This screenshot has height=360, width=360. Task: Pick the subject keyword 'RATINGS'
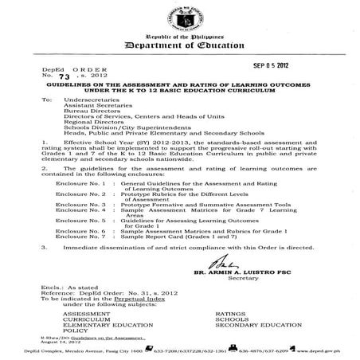pos(232,336)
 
